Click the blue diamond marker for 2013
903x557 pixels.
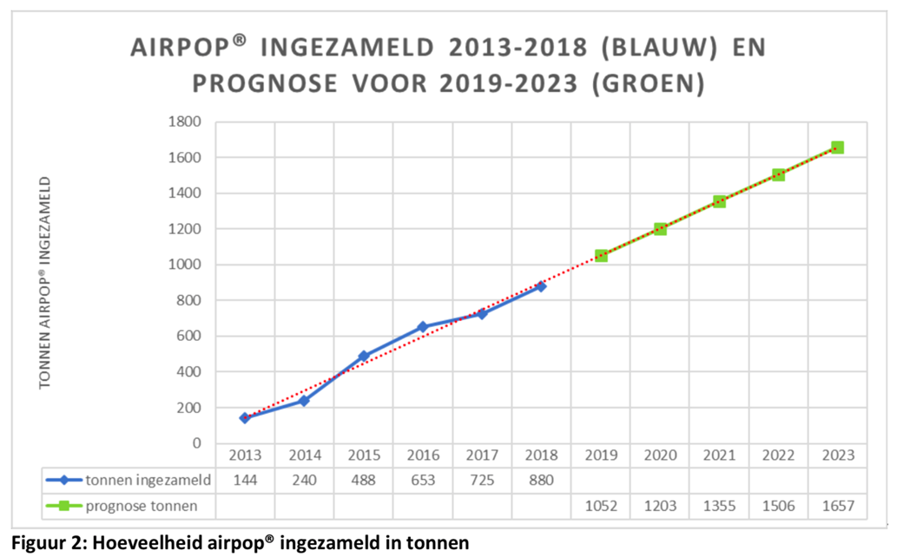point(245,417)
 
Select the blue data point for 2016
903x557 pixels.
point(423,327)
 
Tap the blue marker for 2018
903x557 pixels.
point(541,286)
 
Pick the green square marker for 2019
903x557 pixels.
point(601,256)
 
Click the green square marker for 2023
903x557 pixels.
point(837,147)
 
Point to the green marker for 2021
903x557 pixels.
point(719,201)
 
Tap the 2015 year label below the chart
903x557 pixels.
point(363,455)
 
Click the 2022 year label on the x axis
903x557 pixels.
point(778,455)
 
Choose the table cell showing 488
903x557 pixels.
point(363,479)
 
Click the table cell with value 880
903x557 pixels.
point(541,479)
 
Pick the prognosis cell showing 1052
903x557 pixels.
point(601,505)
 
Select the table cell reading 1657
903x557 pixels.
point(837,505)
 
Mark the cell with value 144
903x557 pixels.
point(245,479)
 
